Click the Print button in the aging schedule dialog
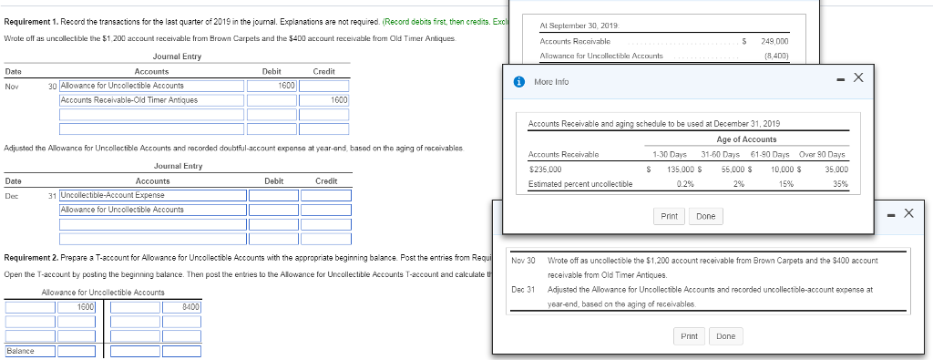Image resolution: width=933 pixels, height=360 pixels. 669,216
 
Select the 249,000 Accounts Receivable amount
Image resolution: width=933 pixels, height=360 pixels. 774,41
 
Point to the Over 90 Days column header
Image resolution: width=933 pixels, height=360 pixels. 822,154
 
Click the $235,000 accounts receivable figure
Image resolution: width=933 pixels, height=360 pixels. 545,169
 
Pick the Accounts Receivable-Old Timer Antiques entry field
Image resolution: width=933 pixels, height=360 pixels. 152,99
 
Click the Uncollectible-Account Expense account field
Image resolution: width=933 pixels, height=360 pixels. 152,195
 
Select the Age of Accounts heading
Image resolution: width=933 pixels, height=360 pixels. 746,139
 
